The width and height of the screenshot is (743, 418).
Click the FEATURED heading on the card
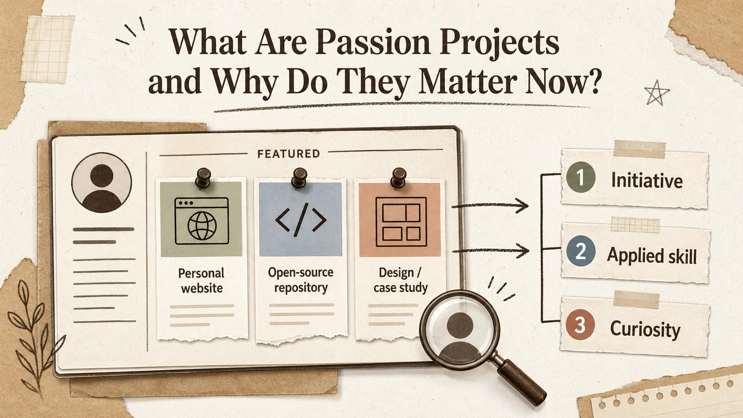click(288, 154)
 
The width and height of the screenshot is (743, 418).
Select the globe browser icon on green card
click(202, 221)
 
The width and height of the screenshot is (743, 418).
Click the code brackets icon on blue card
click(300, 219)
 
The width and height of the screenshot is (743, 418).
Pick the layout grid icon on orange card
click(401, 222)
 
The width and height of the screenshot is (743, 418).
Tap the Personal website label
click(201, 280)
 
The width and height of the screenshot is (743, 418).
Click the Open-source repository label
click(301, 280)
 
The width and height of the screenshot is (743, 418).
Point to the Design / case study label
click(400, 280)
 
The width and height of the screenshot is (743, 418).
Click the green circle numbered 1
click(580, 177)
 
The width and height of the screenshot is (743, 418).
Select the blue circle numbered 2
click(581, 251)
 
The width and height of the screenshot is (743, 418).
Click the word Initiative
click(647, 181)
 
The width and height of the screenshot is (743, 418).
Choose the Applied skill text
click(652, 256)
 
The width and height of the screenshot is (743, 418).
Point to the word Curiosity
click(645, 330)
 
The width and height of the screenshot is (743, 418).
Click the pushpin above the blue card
click(299, 178)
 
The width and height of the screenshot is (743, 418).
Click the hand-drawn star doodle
click(656, 93)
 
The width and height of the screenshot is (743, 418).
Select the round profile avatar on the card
click(101, 183)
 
